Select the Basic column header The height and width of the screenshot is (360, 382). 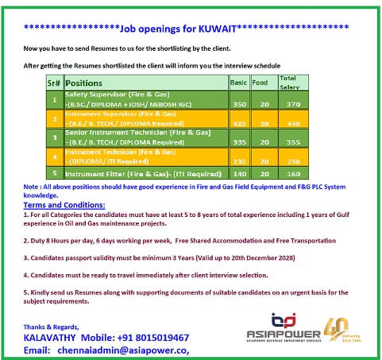point(238,82)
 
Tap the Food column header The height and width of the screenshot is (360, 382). point(260,82)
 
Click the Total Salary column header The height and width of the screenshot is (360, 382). point(287,82)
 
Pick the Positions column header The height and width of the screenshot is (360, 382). point(83,83)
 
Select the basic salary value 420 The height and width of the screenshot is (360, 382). point(238,124)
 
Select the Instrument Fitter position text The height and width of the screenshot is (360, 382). point(143,172)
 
